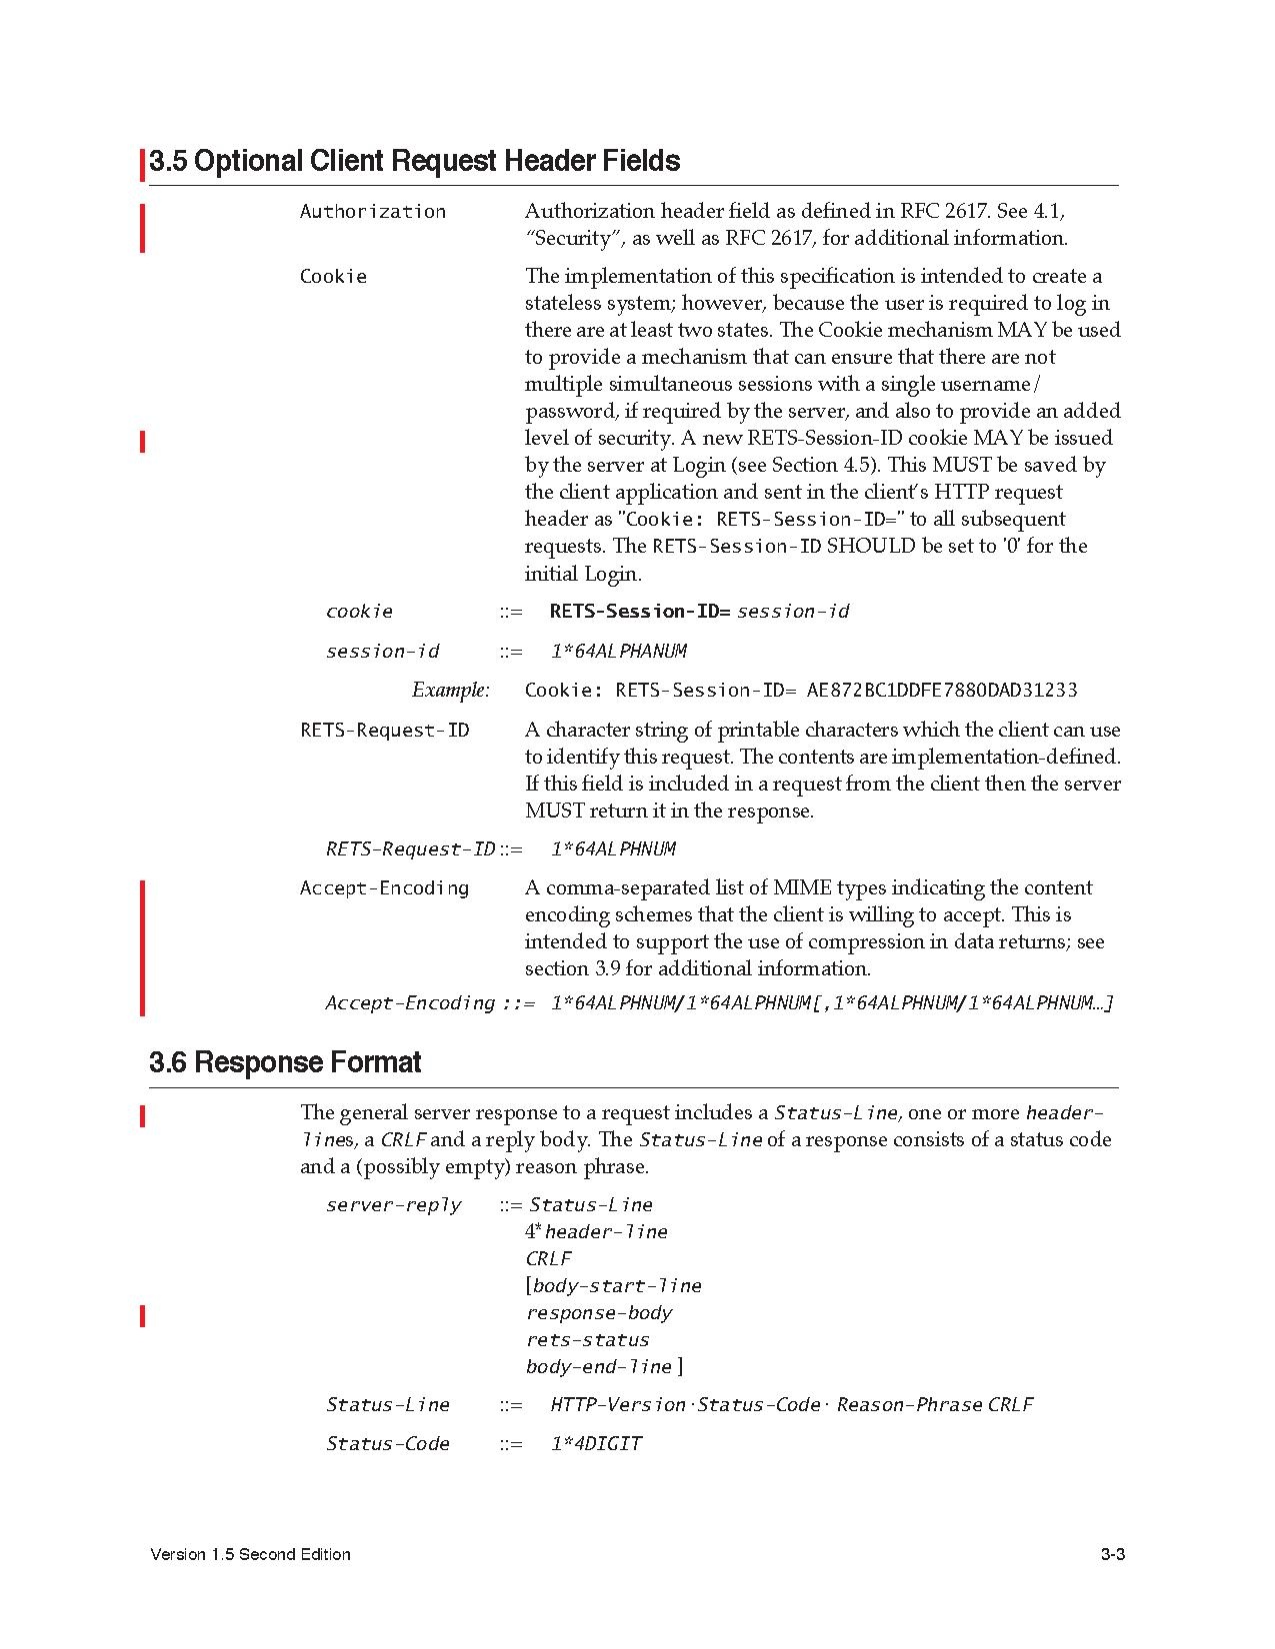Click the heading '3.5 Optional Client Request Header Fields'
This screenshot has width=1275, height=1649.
point(414,161)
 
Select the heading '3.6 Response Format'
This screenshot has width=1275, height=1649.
point(285,1061)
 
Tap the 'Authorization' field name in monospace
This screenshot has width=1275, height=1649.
point(372,211)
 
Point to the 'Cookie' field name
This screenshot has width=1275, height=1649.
point(333,277)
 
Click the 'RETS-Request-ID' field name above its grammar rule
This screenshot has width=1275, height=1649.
point(384,731)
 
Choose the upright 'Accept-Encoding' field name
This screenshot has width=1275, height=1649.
point(384,888)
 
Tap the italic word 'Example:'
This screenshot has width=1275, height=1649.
point(451,691)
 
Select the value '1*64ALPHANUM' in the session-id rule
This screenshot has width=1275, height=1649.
point(618,652)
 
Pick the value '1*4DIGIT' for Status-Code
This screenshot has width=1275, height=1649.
point(596,1444)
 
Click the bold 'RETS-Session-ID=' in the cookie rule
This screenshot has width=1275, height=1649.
point(640,612)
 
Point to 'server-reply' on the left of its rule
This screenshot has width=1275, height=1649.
point(394,1205)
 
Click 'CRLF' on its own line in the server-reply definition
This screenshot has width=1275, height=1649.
point(548,1259)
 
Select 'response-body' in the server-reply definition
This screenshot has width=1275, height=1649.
point(599,1313)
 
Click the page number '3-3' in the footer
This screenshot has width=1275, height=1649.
point(1113,1555)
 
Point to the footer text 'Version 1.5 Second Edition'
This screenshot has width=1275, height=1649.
point(250,1555)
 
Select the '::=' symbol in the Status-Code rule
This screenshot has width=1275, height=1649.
point(511,1444)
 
